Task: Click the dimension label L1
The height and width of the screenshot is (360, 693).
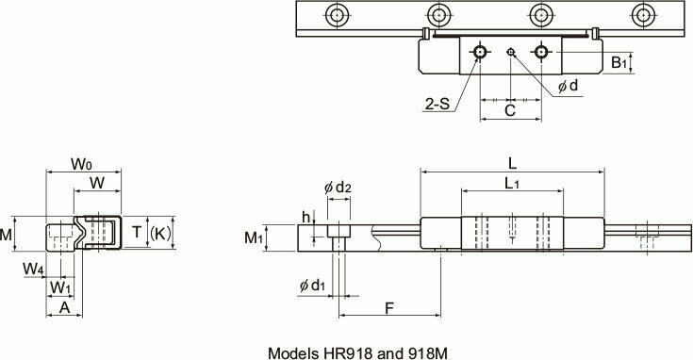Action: click(x=512, y=182)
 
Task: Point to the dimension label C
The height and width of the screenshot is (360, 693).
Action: click(x=509, y=109)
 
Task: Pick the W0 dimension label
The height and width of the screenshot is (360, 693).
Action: click(x=81, y=164)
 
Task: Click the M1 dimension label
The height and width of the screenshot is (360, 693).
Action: click(x=252, y=237)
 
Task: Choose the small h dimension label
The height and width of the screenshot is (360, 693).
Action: click(x=306, y=217)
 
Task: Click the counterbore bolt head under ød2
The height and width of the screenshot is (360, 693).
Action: click(x=337, y=230)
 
